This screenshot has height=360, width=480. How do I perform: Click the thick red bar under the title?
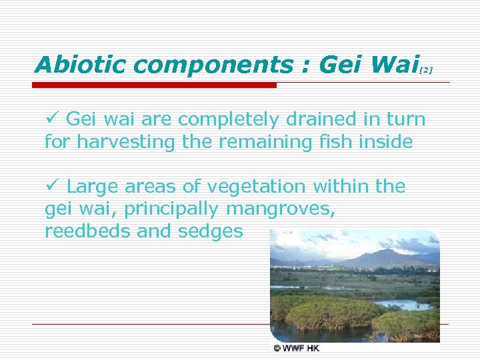[x=155, y=85]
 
